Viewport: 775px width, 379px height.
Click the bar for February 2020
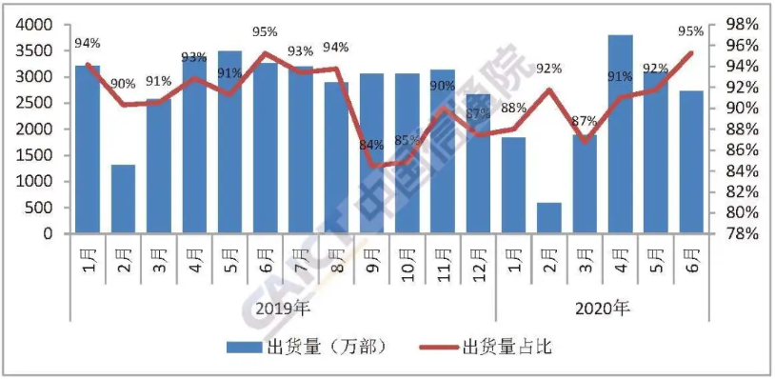pos(548,217)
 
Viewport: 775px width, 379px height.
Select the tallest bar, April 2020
pos(620,133)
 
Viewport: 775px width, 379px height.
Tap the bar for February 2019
pos(124,198)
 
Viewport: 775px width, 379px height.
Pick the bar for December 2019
pos(478,163)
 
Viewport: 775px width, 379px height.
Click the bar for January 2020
pos(513,185)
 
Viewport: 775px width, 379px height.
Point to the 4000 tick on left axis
pos(35,24)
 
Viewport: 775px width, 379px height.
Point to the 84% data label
pos(371,145)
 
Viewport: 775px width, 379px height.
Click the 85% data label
pos(407,142)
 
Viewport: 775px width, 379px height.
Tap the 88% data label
pos(514,108)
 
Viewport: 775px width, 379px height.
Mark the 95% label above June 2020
pos(691,31)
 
